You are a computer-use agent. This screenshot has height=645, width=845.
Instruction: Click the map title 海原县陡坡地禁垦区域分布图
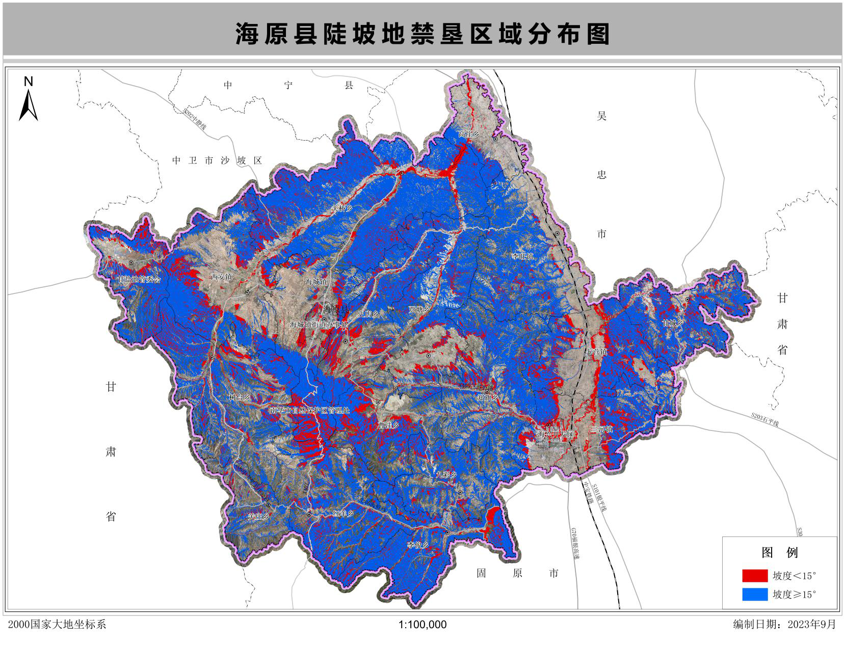(x=422, y=35)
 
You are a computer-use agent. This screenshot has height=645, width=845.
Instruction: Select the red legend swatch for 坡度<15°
(x=754, y=576)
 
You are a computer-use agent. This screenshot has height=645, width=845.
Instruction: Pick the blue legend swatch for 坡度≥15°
(x=754, y=594)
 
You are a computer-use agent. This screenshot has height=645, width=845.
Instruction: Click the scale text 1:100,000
(x=422, y=625)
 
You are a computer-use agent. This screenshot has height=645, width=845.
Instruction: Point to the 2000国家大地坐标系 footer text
(x=57, y=625)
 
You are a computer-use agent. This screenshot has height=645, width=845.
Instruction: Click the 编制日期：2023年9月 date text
(x=784, y=625)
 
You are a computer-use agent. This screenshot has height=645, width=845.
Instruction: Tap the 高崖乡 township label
(x=468, y=135)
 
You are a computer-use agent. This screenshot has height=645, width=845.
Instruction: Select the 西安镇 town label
(x=221, y=277)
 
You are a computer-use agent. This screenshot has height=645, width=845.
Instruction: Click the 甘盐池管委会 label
(x=139, y=280)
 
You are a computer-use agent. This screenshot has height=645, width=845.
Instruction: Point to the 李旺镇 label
(x=522, y=256)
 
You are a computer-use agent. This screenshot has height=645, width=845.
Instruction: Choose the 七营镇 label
(x=597, y=352)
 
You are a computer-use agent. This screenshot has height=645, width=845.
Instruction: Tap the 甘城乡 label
(x=672, y=323)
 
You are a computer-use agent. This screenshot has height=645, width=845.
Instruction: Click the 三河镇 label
(x=601, y=429)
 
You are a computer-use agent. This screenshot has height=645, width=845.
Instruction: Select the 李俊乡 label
(x=417, y=545)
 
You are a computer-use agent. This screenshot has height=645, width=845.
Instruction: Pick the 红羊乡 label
(x=343, y=514)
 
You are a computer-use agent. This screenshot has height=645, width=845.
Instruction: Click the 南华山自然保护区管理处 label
(x=310, y=410)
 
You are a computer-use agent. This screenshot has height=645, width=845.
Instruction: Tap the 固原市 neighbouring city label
(x=517, y=573)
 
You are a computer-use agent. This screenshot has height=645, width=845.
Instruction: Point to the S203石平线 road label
(x=765, y=419)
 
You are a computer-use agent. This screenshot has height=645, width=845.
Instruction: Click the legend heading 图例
(x=779, y=553)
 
